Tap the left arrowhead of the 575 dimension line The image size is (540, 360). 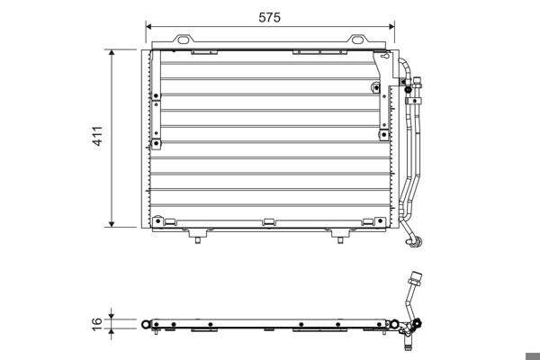click(x=149, y=27)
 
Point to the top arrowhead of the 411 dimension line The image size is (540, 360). click(x=112, y=53)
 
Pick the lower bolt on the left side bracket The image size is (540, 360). click(x=158, y=142)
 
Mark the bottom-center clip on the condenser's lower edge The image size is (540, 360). click(x=268, y=222)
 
